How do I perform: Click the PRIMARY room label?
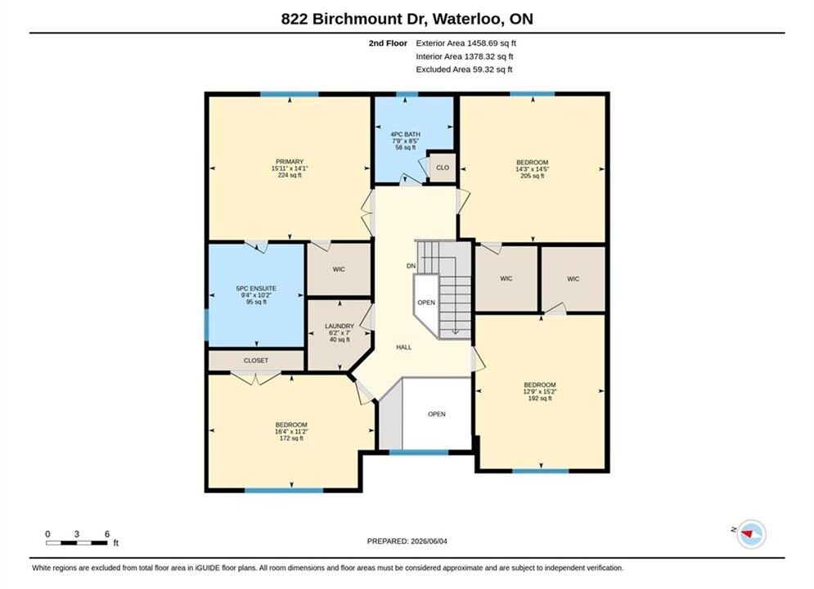290,161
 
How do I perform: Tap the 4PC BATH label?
406,134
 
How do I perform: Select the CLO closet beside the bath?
443,168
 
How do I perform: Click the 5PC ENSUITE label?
256,289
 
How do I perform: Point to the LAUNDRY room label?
340,326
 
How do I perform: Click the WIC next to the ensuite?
339,269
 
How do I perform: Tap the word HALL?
404,347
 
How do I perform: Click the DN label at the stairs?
411,266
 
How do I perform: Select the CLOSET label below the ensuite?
256,360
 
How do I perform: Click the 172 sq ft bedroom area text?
291,438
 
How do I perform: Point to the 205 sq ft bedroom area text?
532,176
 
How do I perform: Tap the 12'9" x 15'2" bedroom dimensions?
540,392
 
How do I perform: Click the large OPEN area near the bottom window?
437,414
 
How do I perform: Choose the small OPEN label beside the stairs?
426,303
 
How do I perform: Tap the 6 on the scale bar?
107,534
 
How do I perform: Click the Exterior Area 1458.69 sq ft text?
465,43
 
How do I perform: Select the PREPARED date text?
407,542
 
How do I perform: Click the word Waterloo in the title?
467,19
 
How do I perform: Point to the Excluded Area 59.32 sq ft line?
464,70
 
